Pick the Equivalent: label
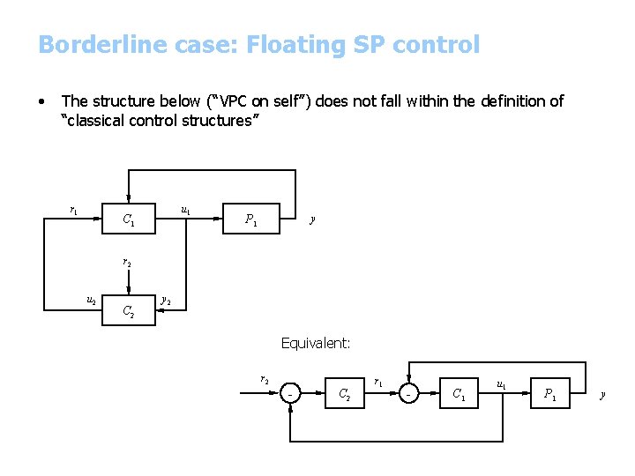pos(316,343)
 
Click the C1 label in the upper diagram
pos(129,219)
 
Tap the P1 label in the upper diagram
pos(251,219)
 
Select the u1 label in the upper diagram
pos(186,211)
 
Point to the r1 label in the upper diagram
pos(74,210)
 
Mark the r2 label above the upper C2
pos(127,262)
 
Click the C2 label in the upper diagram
pos(129,310)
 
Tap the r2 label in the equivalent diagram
pos(264,380)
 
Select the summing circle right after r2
pos(291,394)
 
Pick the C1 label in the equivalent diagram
pos(459,395)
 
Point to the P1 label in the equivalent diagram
pos(550,395)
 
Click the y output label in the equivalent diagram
pos(602,394)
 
